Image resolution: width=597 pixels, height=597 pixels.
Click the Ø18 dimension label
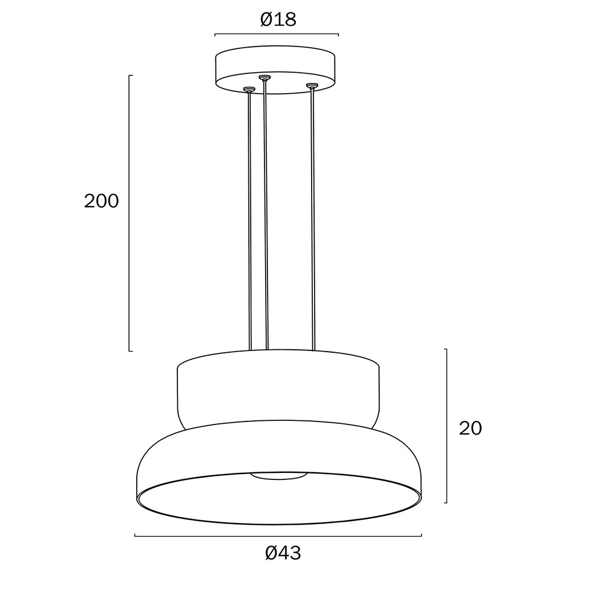tap(278, 19)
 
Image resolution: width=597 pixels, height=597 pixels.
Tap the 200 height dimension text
tap(101, 201)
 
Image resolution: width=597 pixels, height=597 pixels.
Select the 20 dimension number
tap(470, 428)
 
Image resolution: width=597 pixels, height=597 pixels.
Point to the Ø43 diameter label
tap(283, 553)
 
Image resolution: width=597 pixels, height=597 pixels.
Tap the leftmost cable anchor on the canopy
tap(248, 90)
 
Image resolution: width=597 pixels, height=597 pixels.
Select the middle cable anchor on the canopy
tap(264, 78)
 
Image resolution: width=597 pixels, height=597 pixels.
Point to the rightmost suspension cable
tap(313, 219)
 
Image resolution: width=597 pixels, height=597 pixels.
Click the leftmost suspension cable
tap(250, 221)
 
